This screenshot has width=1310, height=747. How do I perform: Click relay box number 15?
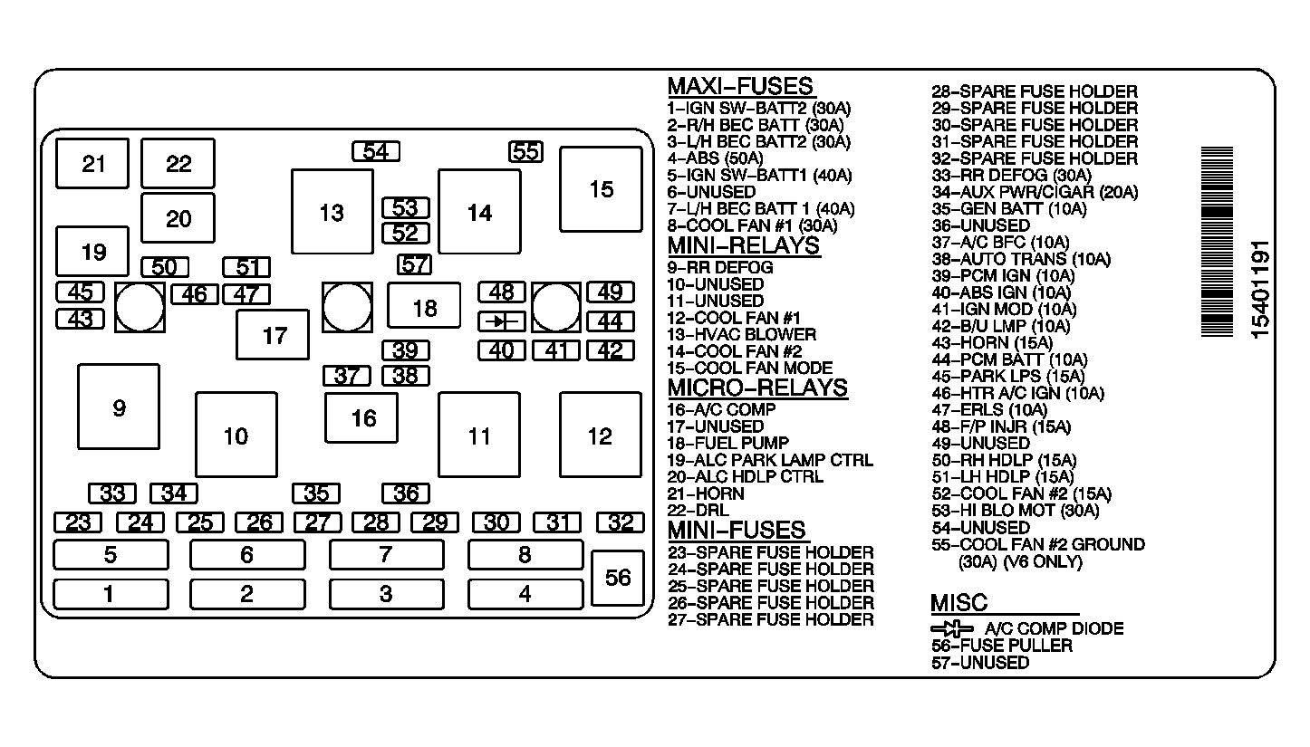pos(601,189)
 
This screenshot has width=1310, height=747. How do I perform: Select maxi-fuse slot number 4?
pos(525,595)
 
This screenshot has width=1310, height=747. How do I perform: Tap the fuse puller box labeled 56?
pos(618,578)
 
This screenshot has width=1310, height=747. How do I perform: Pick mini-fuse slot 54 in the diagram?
pos(375,151)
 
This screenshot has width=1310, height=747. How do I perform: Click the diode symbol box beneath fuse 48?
pos(501,321)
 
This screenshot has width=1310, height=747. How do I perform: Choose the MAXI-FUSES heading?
pos(741,87)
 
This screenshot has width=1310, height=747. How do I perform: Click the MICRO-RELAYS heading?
pos(757,388)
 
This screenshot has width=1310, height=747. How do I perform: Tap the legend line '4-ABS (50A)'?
pos(715,158)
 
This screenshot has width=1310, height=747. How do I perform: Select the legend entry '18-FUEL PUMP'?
pos(728,443)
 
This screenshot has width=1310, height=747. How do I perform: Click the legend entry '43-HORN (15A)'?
pos(992,342)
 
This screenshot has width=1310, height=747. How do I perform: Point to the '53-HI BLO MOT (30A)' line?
pos(1016,511)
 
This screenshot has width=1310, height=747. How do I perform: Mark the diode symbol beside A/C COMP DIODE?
pos(952,629)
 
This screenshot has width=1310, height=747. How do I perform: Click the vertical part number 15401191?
pos(1260,290)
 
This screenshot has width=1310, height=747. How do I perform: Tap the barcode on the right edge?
pos(1217,242)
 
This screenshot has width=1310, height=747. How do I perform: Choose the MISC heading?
pos(959,603)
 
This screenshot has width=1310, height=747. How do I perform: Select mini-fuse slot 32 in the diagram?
pos(620,522)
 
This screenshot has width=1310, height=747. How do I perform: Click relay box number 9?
pos(119,407)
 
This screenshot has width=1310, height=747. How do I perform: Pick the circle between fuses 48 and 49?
pos(556,308)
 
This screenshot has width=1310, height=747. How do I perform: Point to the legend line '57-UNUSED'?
pos(980,663)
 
